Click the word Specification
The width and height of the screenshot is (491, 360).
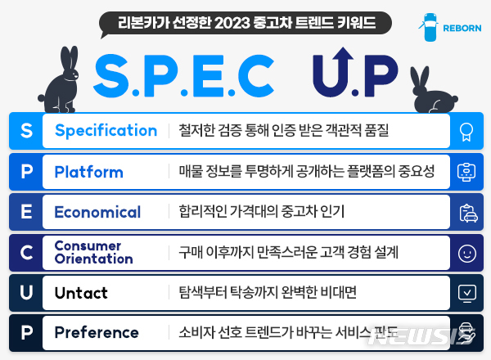point(106,131)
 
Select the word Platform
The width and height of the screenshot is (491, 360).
point(88,172)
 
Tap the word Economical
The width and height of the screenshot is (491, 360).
point(97,212)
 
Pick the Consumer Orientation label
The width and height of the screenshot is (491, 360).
point(93,253)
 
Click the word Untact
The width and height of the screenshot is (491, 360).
point(81,292)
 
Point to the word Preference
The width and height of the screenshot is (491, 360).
point(97,332)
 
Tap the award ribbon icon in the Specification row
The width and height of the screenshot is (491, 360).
point(466,131)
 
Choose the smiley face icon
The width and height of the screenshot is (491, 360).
point(466,253)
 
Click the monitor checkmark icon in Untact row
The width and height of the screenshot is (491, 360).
point(466,292)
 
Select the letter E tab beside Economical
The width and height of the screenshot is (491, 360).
point(25,212)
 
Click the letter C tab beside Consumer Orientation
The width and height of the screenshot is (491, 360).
point(25,253)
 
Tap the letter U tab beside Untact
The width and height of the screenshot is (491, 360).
point(25,292)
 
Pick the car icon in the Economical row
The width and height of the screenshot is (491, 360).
point(466,213)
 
